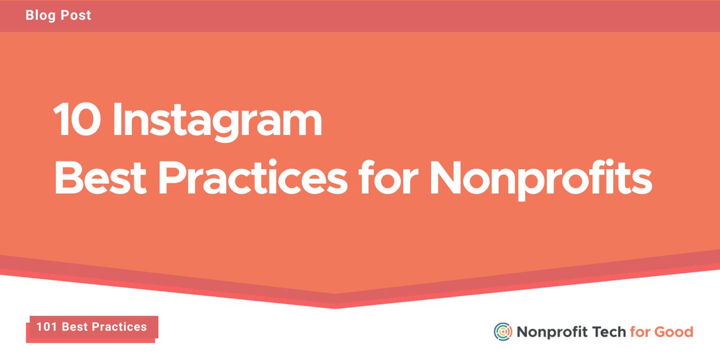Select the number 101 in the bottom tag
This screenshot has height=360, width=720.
[46, 327]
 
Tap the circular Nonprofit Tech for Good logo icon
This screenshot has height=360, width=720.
[503, 332]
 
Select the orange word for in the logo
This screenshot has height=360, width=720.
[640, 332]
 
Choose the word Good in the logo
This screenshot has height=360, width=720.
[674, 332]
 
